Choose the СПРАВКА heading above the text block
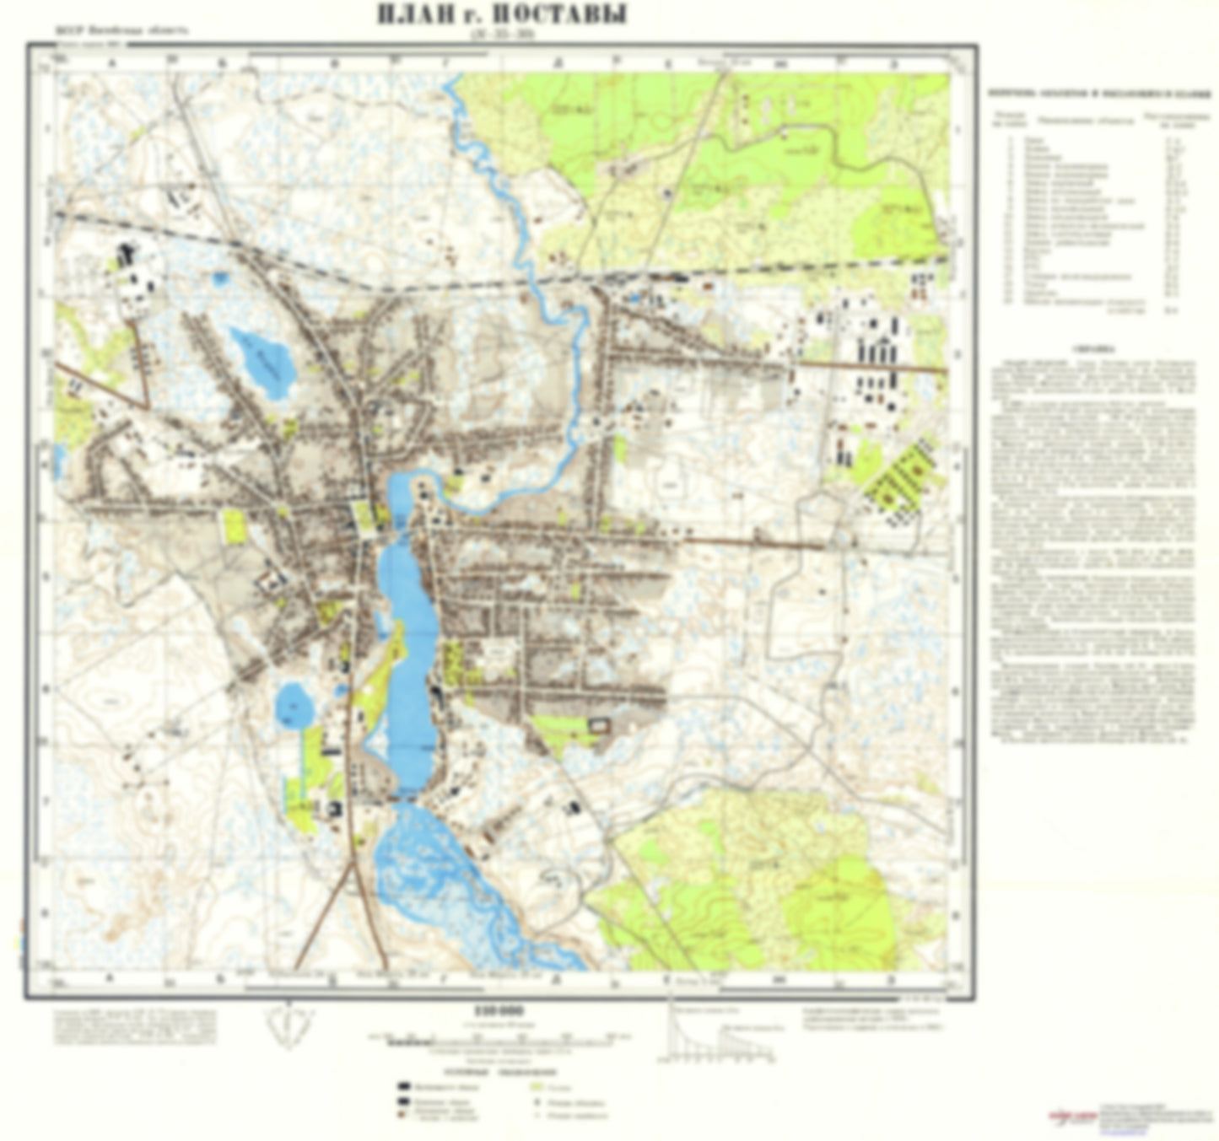1093,347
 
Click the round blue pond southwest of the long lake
294,704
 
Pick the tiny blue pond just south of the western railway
220,277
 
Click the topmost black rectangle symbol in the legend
407,1086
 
